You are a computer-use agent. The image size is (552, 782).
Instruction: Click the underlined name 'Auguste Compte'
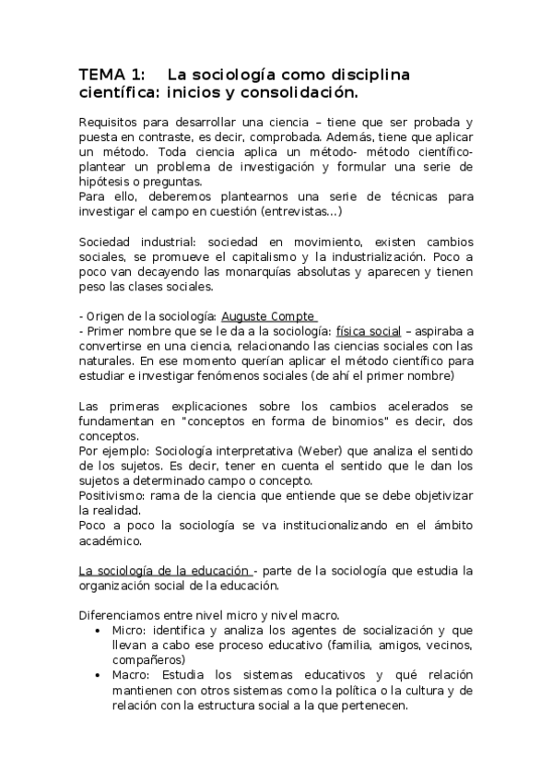pyautogui.click(x=268, y=316)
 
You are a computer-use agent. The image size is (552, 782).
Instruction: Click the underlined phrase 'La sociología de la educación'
pyautogui.click(x=165, y=570)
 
